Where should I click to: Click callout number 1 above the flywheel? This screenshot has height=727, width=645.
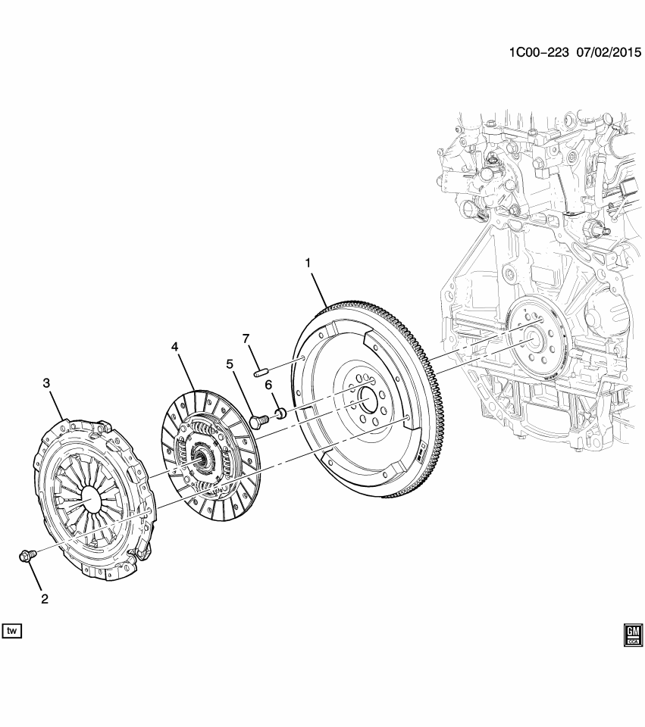pyautogui.click(x=308, y=263)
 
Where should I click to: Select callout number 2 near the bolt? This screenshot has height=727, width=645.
pyautogui.click(x=44, y=598)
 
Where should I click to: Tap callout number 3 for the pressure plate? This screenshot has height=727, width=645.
pyautogui.click(x=46, y=384)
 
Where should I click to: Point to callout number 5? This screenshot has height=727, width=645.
pyautogui.click(x=230, y=363)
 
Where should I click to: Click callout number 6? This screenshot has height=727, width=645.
pyautogui.click(x=268, y=385)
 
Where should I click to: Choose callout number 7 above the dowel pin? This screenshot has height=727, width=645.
pyautogui.click(x=246, y=338)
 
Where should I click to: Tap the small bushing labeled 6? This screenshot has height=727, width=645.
pyautogui.click(x=279, y=413)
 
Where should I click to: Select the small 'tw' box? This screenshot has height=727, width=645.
pyautogui.click(x=12, y=630)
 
